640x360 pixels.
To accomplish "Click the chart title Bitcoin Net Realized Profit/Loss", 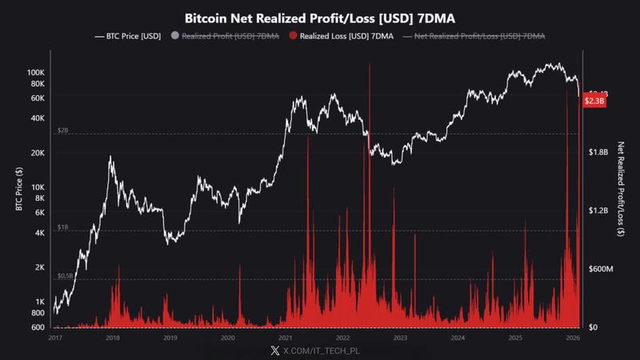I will [320, 17].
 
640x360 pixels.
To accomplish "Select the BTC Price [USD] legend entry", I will [132, 36].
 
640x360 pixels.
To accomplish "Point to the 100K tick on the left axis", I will [36, 72].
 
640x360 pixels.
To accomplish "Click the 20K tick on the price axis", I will [38, 153].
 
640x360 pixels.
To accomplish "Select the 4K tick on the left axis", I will [40, 233].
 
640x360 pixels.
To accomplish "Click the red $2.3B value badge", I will [594, 102].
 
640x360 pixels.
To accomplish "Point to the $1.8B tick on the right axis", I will [599, 152].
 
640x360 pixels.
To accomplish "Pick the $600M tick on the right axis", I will [599, 269].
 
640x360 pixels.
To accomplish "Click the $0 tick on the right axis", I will [594, 327].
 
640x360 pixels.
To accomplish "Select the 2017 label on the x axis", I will [55, 338].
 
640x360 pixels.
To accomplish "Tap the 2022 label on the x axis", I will [343, 338].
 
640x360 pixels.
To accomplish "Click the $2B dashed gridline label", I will [63, 130].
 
